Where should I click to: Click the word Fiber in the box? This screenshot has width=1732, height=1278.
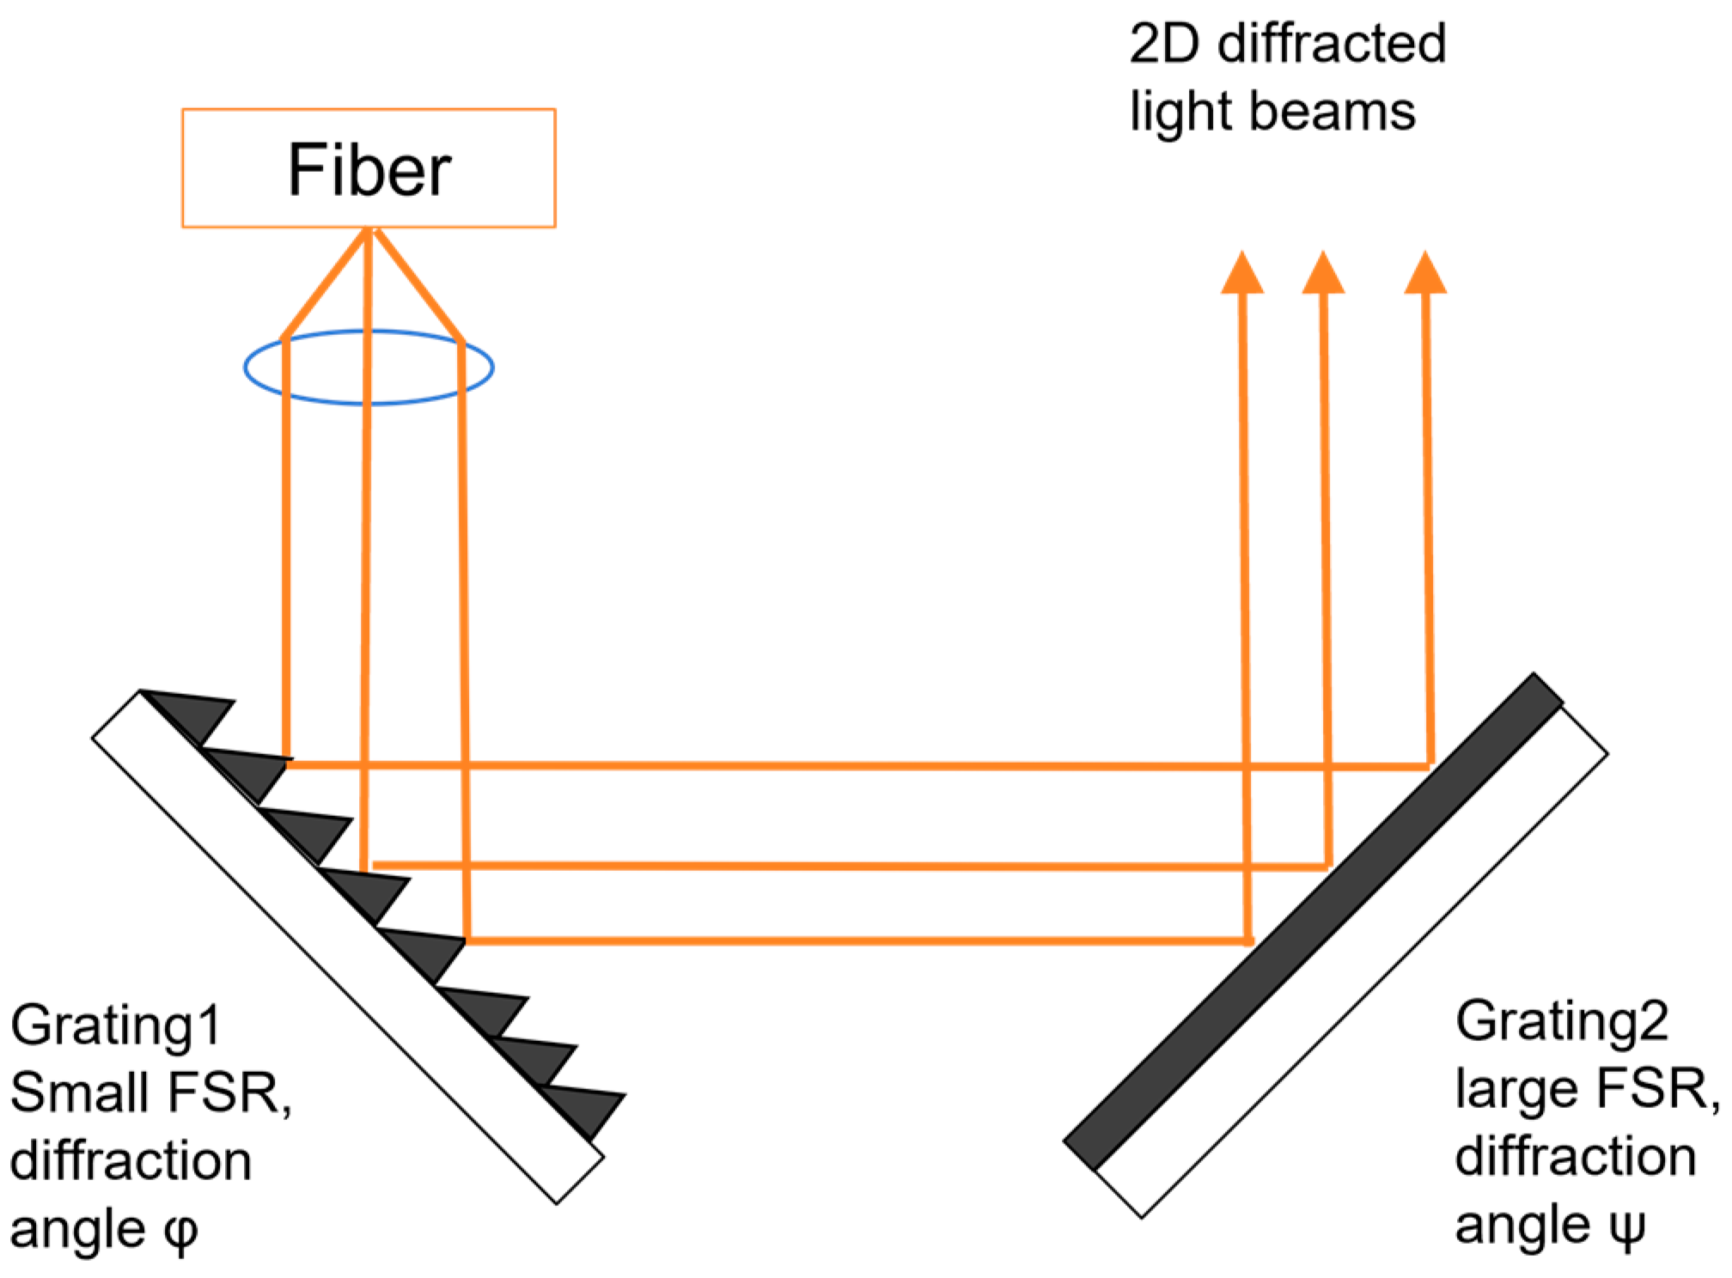coord(369,170)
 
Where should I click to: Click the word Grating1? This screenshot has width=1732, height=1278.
coord(116,1027)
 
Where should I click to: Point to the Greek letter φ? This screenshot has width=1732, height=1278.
coord(180,1232)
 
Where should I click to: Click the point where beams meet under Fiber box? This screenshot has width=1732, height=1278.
coord(369,230)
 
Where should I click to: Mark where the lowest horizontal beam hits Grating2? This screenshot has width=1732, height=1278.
coord(1248,941)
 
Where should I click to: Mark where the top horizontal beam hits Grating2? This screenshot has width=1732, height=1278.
coord(1430,764)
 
